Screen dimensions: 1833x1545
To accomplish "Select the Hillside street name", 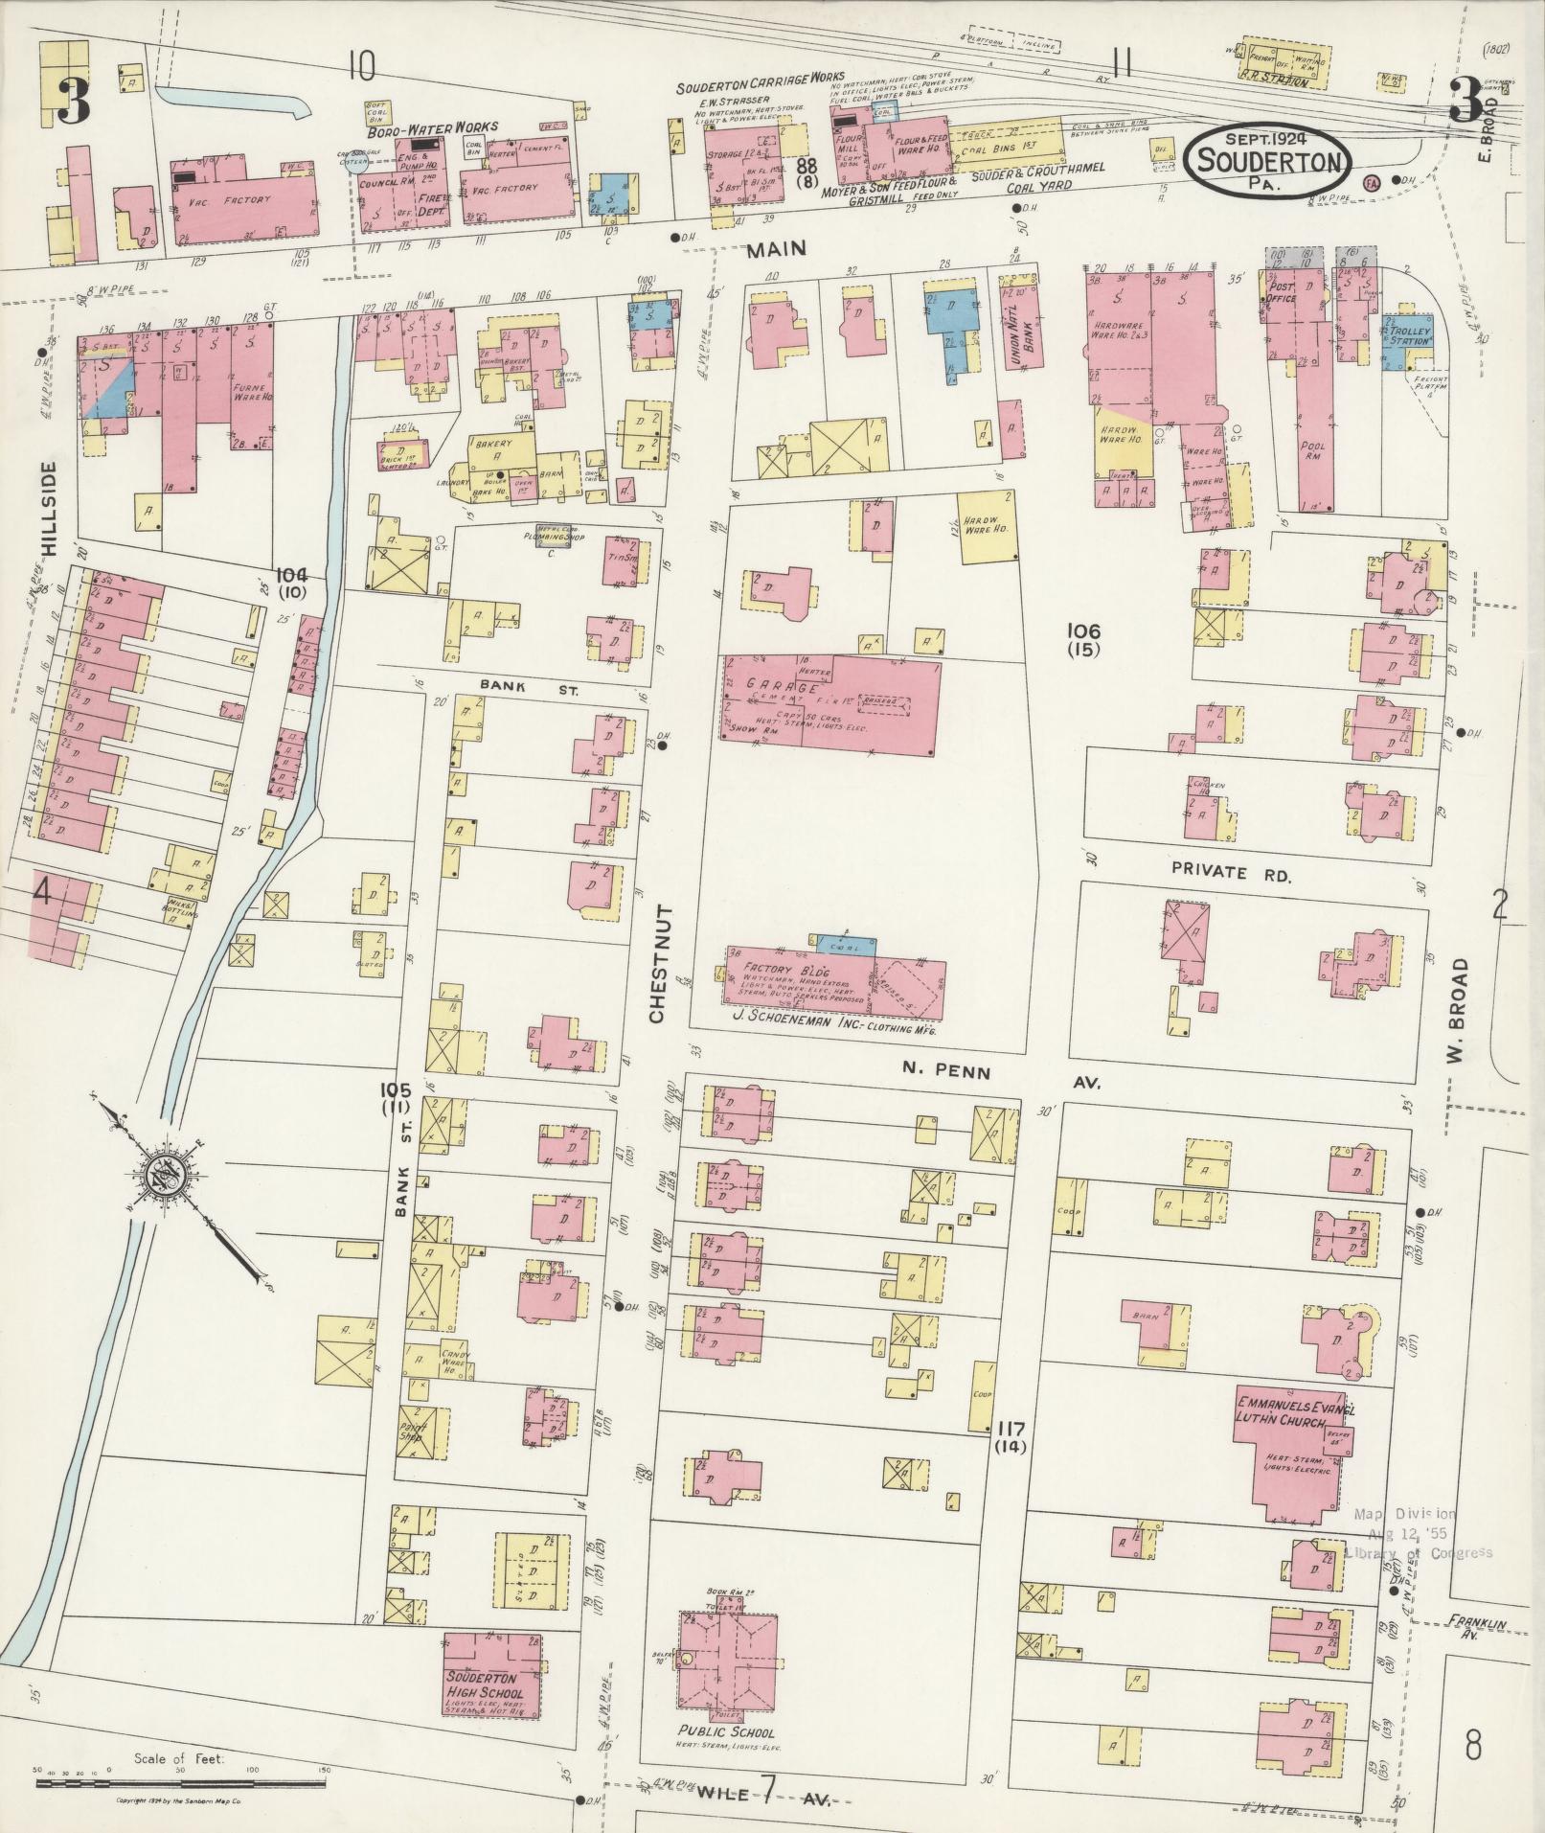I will [x=51, y=509].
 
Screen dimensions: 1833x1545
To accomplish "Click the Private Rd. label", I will [x=1232, y=873].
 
